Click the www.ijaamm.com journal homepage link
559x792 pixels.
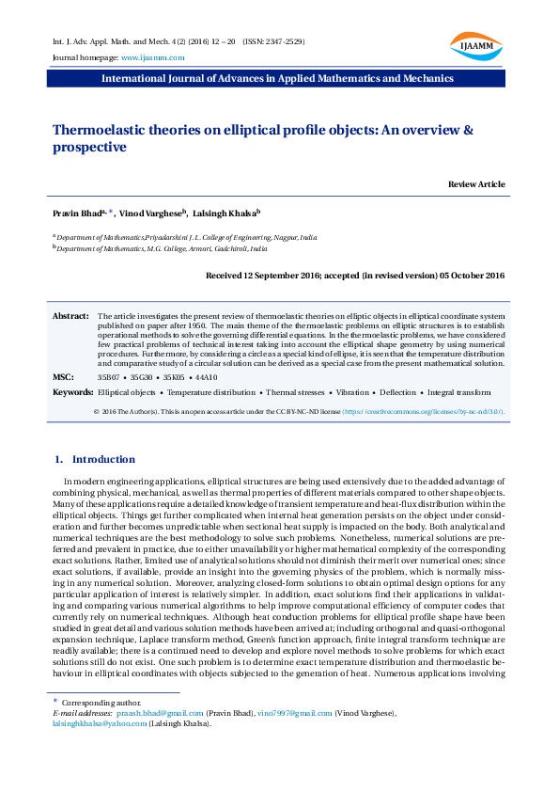(153, 57)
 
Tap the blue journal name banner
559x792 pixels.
(278, 78)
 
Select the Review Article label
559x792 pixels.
(476, 183)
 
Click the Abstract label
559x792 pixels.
(70, 317)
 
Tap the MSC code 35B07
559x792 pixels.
(110, 376)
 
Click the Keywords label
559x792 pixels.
(72, 391)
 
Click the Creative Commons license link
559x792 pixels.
(398, 411)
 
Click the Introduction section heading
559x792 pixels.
(103, 459)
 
